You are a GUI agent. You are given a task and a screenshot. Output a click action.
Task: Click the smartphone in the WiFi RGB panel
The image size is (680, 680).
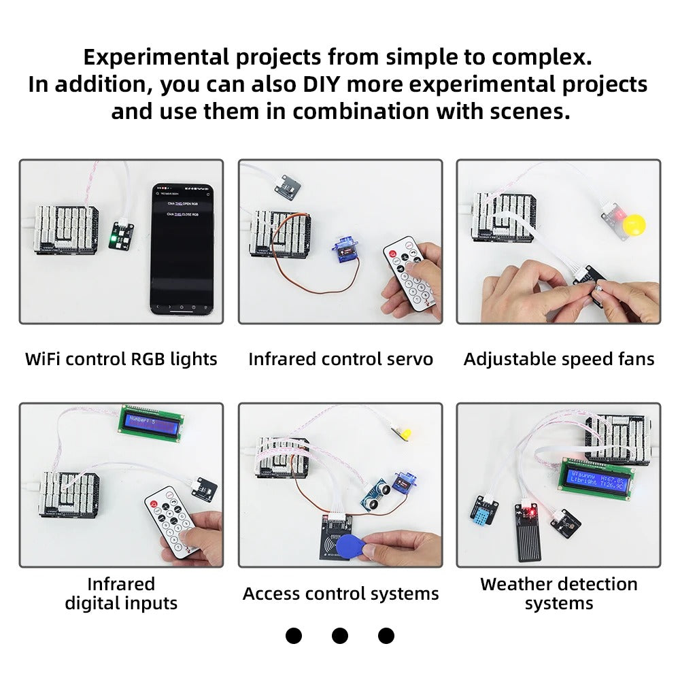tap(182, 248)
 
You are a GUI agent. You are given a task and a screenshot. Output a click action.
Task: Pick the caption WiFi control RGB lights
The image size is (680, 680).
tap(121, 359)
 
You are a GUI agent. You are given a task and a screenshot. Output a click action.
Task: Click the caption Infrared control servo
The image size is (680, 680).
tap(340, 359)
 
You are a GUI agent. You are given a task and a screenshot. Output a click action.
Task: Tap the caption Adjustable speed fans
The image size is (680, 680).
tap(558, 359)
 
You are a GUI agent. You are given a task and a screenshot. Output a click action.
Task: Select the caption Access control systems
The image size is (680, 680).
tap(340, 594)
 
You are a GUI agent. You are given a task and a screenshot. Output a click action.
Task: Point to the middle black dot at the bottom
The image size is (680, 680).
tap(339, 636)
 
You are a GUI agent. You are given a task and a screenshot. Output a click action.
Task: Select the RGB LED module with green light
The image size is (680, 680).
tap(121, 235)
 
